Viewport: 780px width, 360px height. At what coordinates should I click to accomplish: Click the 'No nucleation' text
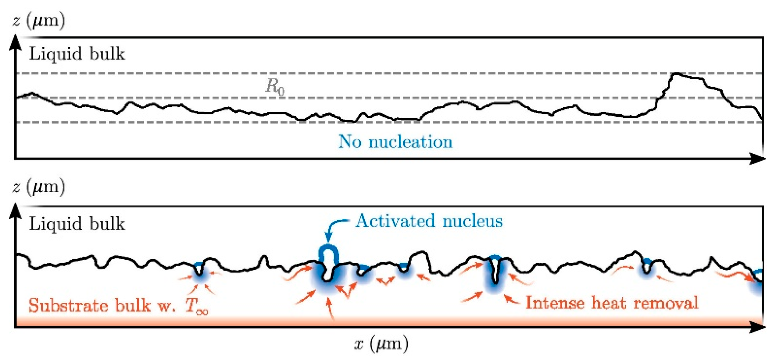(x=395, y=142)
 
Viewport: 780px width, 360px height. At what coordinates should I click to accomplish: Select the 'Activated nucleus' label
(x=429, y=221)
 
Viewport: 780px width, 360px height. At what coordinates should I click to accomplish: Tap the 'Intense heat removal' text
(x=612, y=303)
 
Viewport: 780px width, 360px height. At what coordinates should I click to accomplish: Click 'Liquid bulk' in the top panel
(x=77, y=54)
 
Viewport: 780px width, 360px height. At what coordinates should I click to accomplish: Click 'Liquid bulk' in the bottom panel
(x=77, y=224)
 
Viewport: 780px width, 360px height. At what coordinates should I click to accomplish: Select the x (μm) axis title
(x=381, y=344)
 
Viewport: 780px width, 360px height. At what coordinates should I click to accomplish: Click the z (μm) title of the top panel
(x=39, y=21)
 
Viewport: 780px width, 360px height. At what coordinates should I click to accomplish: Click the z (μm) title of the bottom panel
(x=39, y=187)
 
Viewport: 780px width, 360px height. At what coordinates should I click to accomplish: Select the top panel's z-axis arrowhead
(x=15, y=43)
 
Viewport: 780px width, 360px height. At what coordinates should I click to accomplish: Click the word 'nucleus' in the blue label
(x=472, y=221)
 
